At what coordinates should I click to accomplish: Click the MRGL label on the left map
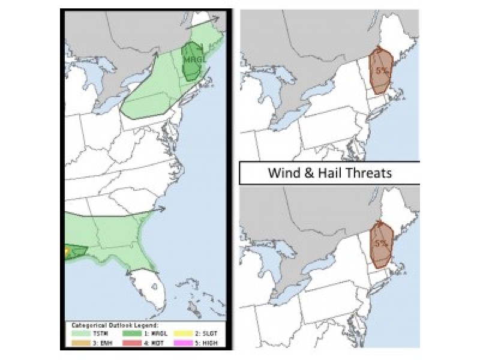coord(193,61)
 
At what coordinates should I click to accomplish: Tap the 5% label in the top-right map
coord(381,70)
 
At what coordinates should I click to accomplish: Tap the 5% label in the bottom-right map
coord(381,244)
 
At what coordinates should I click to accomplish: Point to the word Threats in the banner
coord(371,174)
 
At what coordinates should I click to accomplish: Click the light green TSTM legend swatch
coord(80,334)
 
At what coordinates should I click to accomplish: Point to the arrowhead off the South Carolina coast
coord(163,209)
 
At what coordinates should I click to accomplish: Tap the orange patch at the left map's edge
coord(67,251)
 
